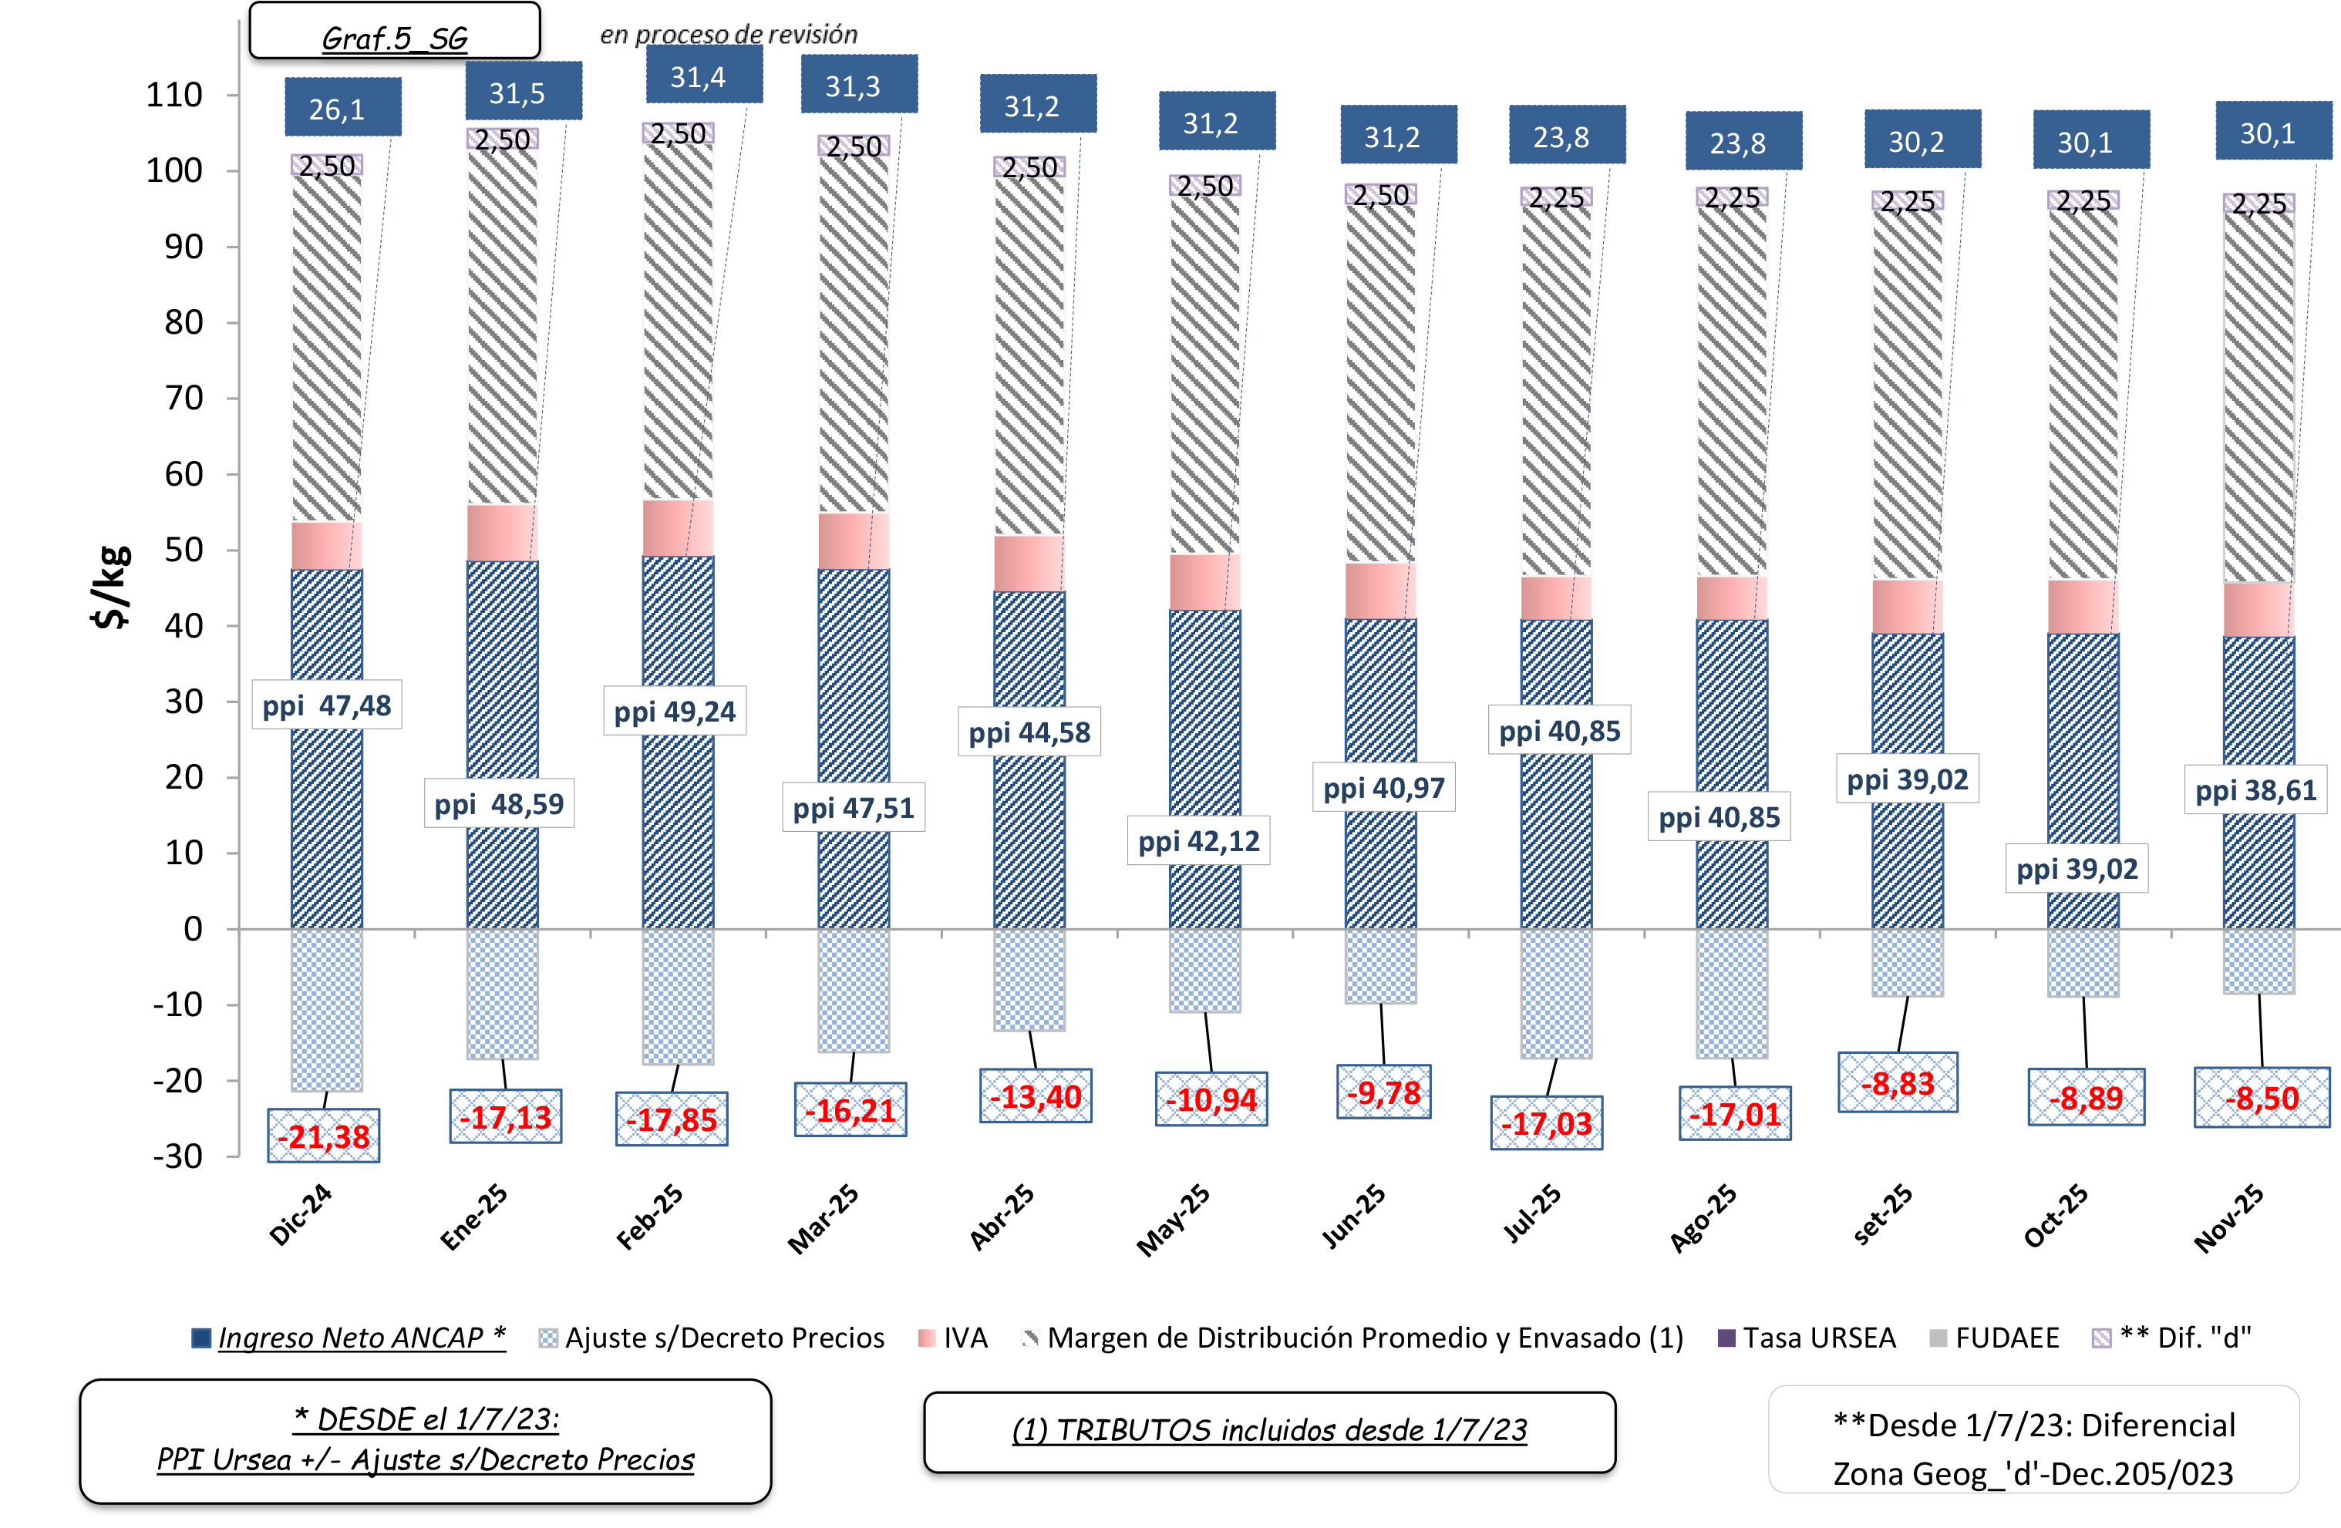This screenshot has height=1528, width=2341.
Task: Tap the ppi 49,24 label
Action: tap(675, 711)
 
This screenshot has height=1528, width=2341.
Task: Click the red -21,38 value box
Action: tap(324, 1136)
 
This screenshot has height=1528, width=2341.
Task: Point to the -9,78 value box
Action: tap(1383, 1092)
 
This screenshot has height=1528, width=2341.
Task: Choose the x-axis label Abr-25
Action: tap(1002, 1217)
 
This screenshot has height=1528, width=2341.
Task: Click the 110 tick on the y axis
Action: tap(174, 96)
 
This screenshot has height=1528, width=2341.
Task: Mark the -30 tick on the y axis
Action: tap(177, 1156)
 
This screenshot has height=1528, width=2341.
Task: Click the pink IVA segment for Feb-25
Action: tap(678, 528)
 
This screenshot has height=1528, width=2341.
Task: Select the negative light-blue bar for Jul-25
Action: tap(1556, 993)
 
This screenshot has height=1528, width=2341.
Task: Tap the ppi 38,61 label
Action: tap(2255, 790)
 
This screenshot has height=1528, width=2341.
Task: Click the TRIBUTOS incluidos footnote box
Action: tap(1269, 1431)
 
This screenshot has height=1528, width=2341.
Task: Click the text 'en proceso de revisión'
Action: tap(729, 35)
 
